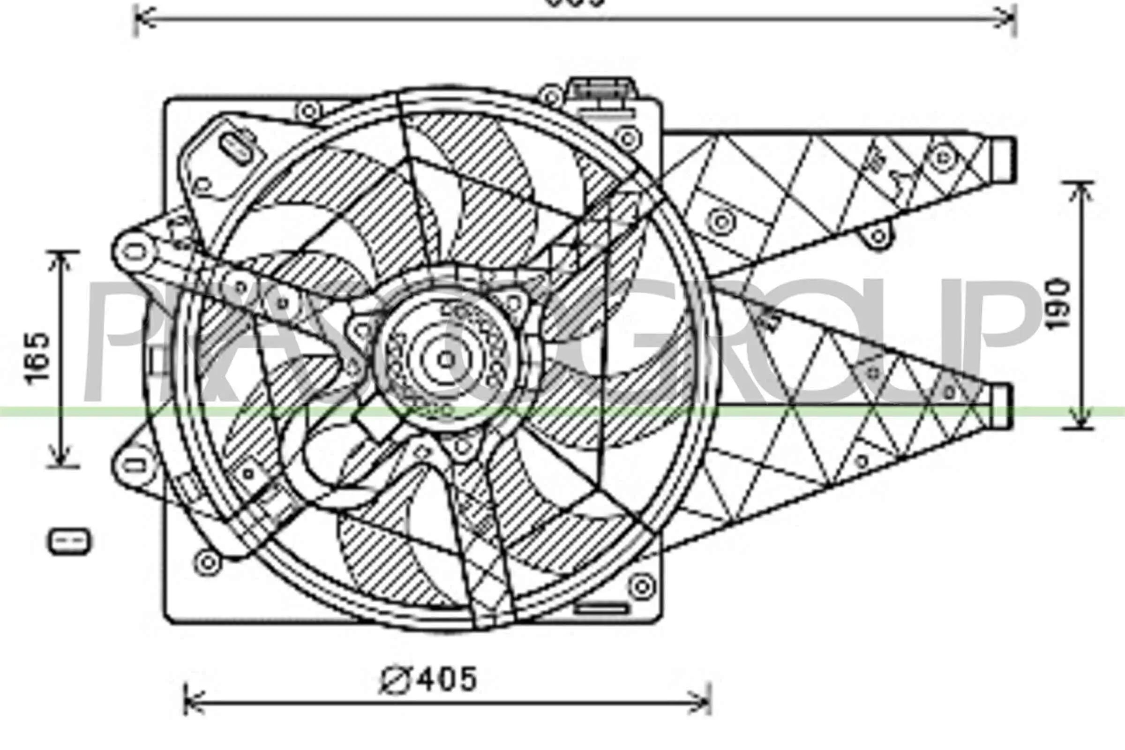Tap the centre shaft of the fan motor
tap(446, 360)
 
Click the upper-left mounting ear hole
tap(135, 252)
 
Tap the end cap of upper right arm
tap(1003, 159)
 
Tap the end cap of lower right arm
tap(1001, 406)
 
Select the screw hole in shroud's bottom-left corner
tap(208, 562)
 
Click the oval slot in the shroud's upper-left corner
tap(238, 149)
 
